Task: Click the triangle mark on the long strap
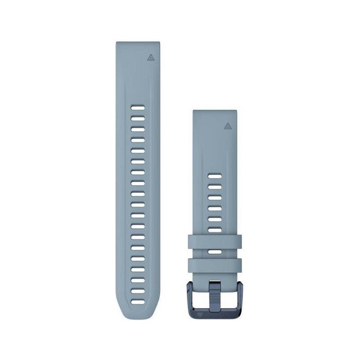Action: [149, 58]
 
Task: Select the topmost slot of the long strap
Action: [138, 108]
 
